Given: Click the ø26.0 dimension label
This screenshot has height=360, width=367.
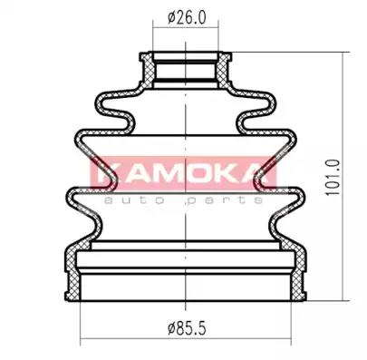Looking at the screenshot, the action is [188, 17].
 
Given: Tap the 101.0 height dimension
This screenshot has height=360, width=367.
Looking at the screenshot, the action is [333, 178].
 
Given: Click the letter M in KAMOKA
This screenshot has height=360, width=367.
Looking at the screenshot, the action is [170, 175].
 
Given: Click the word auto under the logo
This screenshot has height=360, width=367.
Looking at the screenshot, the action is [134, 200].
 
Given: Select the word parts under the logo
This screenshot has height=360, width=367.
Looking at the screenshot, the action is [224, 200].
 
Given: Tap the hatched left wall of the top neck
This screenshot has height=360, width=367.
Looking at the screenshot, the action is [148, 71].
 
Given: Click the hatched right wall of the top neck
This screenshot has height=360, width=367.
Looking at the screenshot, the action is [224, 71].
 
